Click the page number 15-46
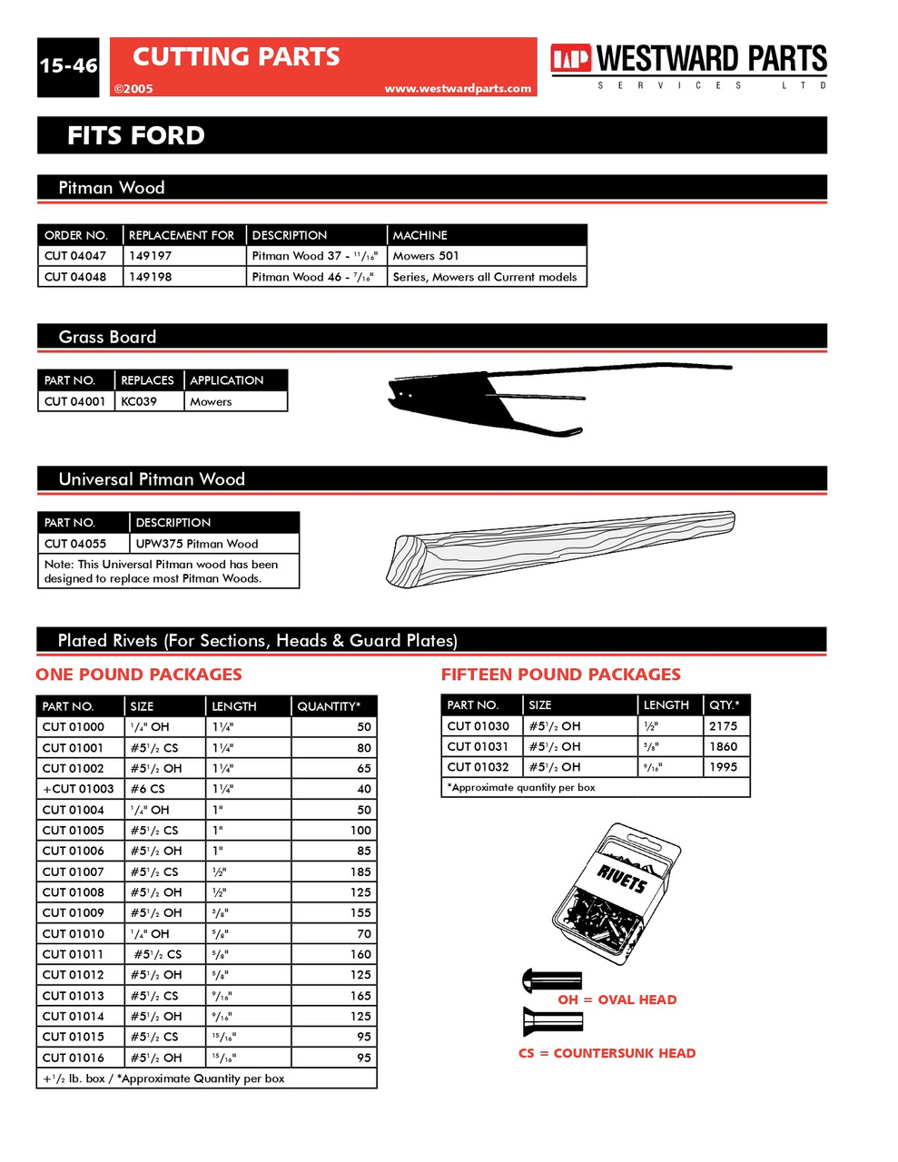pos(68,66)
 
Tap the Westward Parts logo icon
pos(571,59)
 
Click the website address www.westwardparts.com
pos(458,88)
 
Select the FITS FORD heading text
pos(136,136)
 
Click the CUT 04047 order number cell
pos(76,256)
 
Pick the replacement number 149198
pos(151,277)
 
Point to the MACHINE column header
pos(420,235)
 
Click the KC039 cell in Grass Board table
pos(140,401)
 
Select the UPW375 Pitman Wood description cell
pos(197,544)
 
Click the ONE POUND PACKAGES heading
pos(139,675)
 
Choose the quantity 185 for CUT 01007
pos(360,871)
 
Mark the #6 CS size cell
pos(148,789)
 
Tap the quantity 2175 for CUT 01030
pos(723,726)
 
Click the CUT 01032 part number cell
pos(479,767)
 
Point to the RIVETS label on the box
pos(623,878)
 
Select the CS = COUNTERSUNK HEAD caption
pos(607,1053)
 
